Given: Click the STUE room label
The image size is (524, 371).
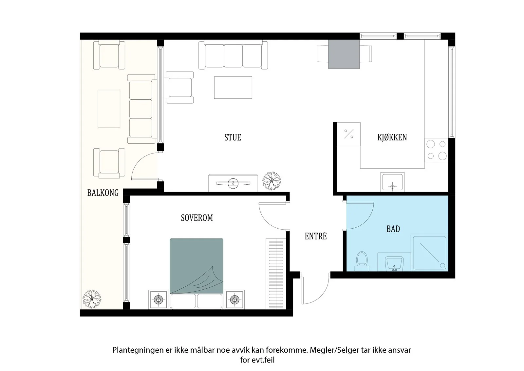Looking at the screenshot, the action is (233, 137).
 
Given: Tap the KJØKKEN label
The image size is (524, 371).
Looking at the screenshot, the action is (392, 137).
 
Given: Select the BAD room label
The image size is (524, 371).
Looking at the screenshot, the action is (393, 229).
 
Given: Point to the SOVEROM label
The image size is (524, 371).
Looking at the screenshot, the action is (197, 218).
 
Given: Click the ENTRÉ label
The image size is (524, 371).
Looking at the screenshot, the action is (316, 236).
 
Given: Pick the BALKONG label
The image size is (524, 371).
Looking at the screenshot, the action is (103, 193).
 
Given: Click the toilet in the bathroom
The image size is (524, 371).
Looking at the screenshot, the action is (362, 261).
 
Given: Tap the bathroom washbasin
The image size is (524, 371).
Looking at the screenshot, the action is (394, 263).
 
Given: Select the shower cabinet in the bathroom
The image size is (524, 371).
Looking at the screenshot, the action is (429, 253).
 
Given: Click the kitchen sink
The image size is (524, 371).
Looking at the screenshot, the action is (392, 182).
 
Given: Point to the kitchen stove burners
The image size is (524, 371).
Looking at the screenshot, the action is (437, 150).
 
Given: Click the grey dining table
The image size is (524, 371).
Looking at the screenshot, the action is (344, 54).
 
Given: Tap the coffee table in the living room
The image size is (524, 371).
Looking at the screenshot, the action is (233, 87).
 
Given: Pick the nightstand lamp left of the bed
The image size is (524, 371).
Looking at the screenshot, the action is (159, 299).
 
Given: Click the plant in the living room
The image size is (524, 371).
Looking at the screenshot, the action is (271, 181).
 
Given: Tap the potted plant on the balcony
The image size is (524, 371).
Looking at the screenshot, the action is (92, 299).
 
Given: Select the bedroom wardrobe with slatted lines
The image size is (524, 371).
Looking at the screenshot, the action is (276, 274).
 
